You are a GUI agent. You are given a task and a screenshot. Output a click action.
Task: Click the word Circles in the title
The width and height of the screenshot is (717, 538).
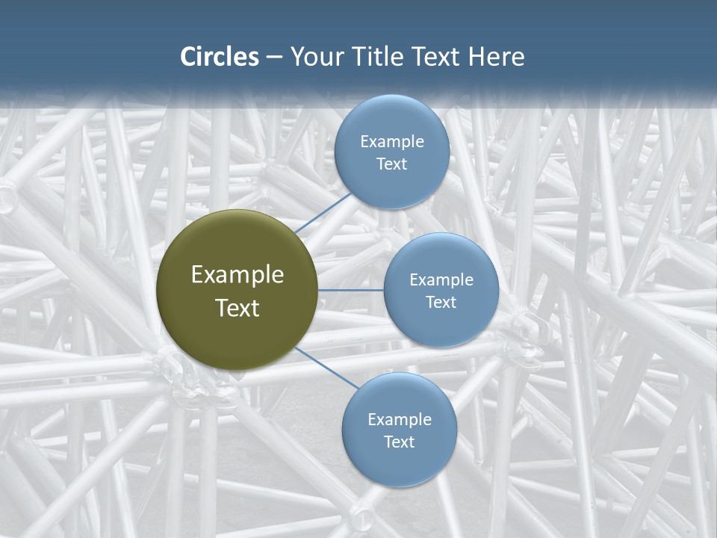pos(220,57)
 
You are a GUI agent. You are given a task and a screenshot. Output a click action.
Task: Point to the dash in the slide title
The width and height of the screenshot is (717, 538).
pos(274,58)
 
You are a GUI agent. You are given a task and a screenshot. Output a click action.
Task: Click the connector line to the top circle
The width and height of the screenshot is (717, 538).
pos(323,212)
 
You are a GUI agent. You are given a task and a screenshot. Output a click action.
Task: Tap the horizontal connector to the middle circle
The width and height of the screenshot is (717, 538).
pos(350,290)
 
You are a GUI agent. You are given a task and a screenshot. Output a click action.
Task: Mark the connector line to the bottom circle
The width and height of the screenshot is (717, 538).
pos(327,368)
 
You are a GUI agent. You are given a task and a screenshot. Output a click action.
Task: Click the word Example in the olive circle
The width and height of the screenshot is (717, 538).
pos(238,275)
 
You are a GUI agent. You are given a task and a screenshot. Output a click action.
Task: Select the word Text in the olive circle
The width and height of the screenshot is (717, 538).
pos(238,308)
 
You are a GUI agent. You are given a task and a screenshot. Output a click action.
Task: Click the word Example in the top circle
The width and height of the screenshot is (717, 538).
pos(392,142)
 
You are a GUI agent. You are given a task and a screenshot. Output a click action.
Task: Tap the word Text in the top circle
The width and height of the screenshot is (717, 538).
pos(392,164)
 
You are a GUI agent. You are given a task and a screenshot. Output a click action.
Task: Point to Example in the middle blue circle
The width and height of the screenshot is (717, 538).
pos(441,280)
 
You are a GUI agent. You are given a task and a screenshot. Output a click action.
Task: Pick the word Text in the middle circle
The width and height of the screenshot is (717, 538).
pos(441,303)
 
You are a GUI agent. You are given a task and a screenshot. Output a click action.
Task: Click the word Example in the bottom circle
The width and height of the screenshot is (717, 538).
pos(400,420)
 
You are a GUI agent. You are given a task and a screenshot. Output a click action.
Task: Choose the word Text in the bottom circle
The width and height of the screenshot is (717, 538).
pos(400,442)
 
